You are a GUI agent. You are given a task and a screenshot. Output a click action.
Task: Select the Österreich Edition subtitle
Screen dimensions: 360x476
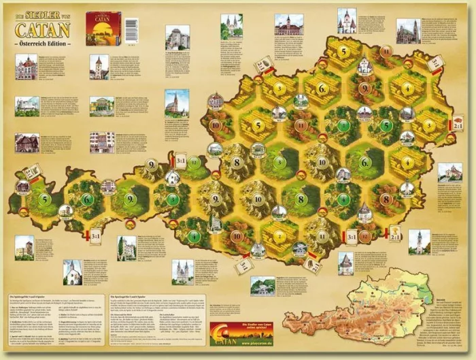click(x=42, y=42)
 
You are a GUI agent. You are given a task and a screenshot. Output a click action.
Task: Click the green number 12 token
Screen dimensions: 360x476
click(x=195, y=163)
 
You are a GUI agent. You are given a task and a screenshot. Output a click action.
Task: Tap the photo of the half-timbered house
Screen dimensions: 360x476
click(x=27, y=142)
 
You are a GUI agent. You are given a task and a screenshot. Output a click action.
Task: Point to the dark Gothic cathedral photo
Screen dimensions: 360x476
click(x=408, y=31)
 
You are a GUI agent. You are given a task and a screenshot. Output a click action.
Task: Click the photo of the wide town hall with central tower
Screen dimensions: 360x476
click(x=288, y=26)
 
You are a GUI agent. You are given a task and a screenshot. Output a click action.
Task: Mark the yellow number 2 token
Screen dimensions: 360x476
click(x=279, y=235)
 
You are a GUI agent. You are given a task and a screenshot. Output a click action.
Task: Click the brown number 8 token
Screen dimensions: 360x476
click(x=386, y=200)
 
